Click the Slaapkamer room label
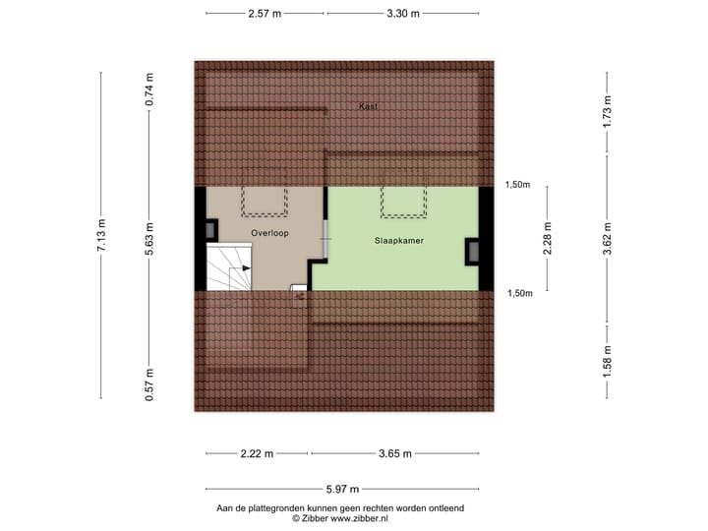point(399,240)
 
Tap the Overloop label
point(269,233)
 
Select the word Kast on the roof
point(369,106)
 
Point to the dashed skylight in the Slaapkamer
point(404,202)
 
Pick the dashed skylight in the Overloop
point(265,201)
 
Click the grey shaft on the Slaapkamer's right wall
point(473,251)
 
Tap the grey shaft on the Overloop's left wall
point(212,230)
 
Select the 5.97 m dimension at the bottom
point(342,489)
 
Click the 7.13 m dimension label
point(101,236)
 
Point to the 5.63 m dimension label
point(149,236)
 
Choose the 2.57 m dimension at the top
point(265,14)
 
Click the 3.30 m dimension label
point(403,14)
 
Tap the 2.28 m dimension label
point(549,238)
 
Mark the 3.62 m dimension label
point(609,237)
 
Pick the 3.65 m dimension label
point(394,453)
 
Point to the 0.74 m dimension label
point(149,89)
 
